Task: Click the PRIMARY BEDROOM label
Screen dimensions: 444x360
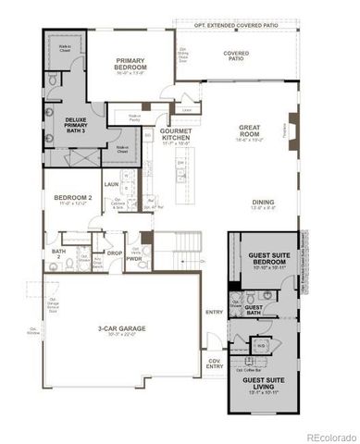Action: [132, 66]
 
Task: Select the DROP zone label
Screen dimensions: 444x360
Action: [114, 253]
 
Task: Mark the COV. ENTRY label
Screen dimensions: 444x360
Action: [215, 364]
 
